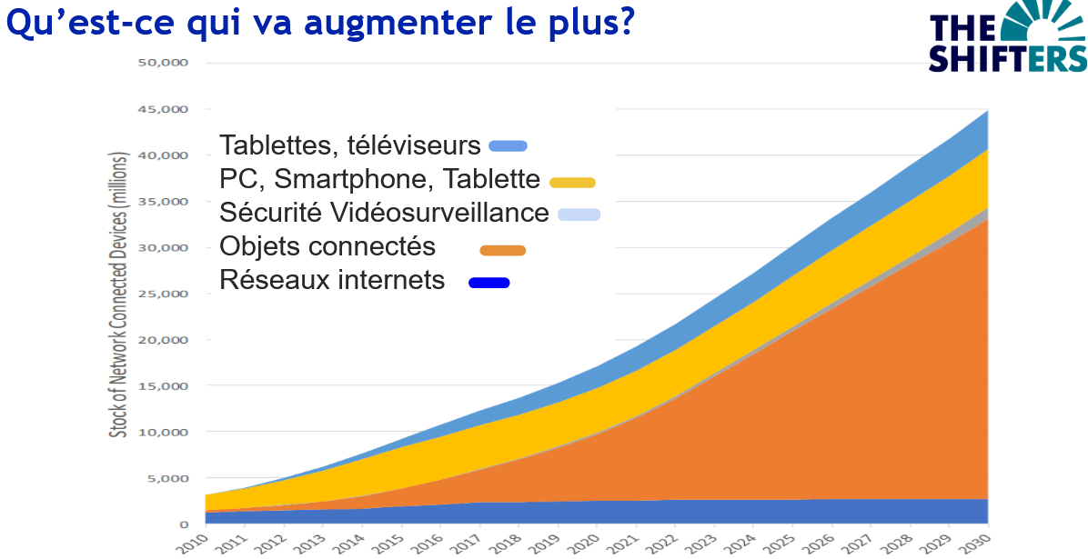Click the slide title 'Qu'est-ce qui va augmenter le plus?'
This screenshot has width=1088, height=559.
tap(319, 23)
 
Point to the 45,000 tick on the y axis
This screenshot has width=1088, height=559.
tap(168, 109)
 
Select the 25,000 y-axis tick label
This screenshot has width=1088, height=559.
tap(168, 294)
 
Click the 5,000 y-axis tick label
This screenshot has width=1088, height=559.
tap(171, 478)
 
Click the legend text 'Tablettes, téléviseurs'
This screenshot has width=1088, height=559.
tap(350, 145)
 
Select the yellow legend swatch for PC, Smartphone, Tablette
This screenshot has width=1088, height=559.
tap(572, 182)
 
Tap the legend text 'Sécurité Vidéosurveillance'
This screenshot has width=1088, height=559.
tap(385, 213)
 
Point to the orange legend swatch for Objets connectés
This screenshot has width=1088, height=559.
tap(503, 250)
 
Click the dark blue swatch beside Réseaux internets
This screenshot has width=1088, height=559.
tap(489, 283)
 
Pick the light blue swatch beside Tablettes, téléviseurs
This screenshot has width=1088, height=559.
tap(508, 145)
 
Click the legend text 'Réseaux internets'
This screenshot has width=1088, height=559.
tap(332, 280)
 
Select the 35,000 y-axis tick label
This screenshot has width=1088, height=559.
tap(168, 202)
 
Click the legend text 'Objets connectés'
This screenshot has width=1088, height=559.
tap(327, 246)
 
